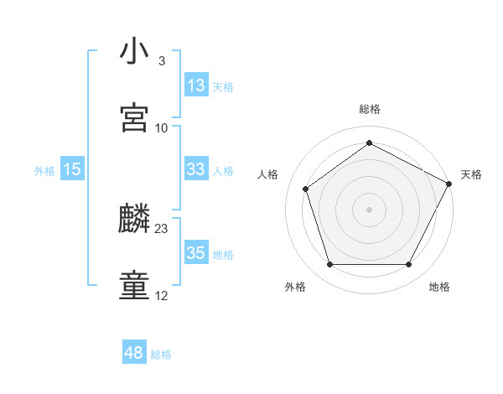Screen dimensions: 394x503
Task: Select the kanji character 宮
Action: click(x=134, y=117)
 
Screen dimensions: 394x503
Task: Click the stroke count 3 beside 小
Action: click(x=161, y=61)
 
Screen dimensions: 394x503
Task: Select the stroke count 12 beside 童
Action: click(x=162, y=296)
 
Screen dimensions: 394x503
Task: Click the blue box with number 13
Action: click(x=196, y=86)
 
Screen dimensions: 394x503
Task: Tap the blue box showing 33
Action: click(x=196, y=169)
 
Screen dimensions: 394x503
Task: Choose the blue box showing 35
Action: click(x=196, y=253)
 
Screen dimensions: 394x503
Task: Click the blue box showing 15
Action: click(x=72, y=169)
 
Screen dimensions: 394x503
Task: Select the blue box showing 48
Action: click(x=133, y=353)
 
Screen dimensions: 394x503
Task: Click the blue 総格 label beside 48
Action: click(x=161, y=355)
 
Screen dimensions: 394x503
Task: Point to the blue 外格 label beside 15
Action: click(x=44, y=171)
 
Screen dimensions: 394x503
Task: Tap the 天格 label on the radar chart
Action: click(x=471, y=174)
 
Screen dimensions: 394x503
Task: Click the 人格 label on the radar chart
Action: click(x=268, y=174)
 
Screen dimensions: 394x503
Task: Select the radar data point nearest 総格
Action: click(x=369, y=143)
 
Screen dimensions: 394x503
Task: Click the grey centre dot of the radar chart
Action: click(x=369, y=209)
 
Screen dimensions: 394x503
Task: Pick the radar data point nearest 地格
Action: click(x=408, y=265)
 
